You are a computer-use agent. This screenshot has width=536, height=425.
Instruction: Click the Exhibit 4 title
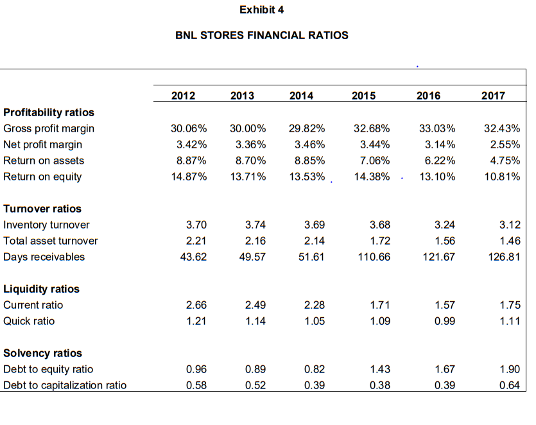coord(261,10)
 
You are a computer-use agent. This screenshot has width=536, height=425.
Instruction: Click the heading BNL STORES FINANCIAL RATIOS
coord(262,35)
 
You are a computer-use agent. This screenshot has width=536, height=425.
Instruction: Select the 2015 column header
coord(364,96)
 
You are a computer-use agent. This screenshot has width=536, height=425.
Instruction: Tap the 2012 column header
coord(184,96)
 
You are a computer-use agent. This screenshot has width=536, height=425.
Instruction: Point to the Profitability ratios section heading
coord(49,112)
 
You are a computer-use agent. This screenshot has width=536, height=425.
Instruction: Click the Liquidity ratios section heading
coord(42,289)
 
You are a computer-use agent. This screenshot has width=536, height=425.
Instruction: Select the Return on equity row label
coord(42,177)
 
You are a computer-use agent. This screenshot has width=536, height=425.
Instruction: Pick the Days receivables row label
coord(44,257)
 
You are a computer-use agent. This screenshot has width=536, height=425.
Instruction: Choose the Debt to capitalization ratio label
coord(65,385)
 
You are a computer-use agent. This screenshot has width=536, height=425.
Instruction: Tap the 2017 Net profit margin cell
coord(502,144)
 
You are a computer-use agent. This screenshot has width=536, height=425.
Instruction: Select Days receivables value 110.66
coord(374,257)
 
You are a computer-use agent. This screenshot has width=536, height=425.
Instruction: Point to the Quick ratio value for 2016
coord(445,321)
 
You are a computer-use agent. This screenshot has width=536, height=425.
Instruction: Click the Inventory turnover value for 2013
coord(255,225)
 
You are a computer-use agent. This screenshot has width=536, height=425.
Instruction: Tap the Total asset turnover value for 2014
coord(314,241)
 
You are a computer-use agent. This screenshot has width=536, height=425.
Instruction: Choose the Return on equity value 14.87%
coord(189,177)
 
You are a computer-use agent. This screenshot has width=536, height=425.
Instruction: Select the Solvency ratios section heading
coord(42,353)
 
